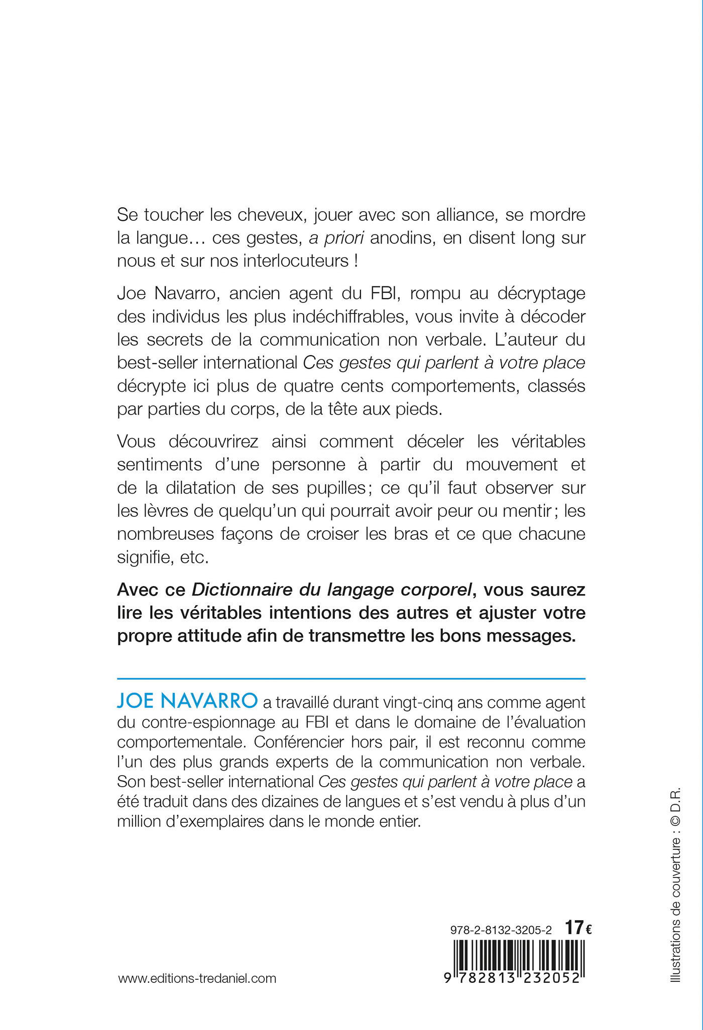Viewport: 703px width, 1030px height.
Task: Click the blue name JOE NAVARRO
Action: click(x=187, y=701)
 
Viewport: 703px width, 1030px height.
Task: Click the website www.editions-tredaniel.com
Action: click(x=197, y=978)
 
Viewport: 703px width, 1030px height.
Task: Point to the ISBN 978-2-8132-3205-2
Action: click(x=501, y=930)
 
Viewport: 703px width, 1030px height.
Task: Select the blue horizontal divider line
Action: click(x=351, y=679)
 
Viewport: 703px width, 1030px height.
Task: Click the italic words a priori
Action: click(x=336, y=238)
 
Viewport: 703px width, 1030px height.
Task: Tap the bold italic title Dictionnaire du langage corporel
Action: click(x=332, y=590)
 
